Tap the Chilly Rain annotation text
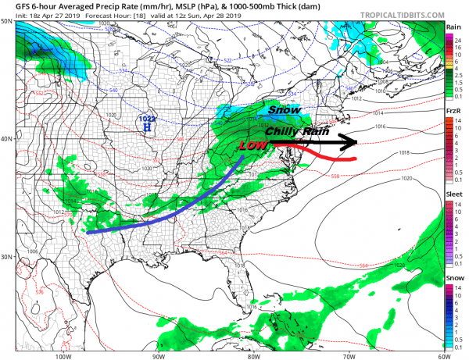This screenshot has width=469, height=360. (292, 131)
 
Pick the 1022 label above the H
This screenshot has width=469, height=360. (146, 119)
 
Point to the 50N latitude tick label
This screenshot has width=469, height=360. (7, 22)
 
